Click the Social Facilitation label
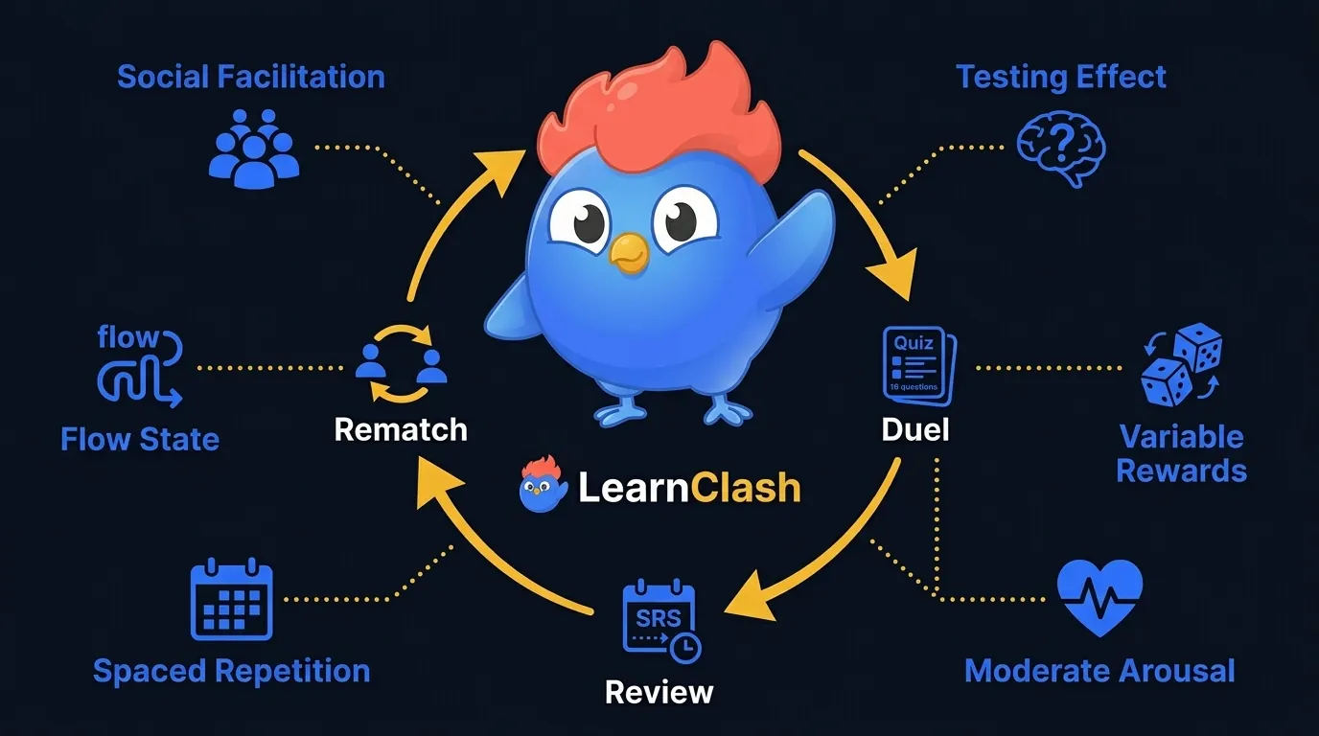coord(250,77)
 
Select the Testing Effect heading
coord(1061,77)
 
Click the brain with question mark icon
coord(1061,149)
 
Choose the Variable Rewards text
coord(1181,453)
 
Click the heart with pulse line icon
coord(1099,598)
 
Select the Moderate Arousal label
coord(1099,671)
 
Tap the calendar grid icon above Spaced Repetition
coord(232,600)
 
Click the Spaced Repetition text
coord(231,671)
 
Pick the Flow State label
coord(140,440)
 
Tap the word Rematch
coord(401,428)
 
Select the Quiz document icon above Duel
coord(914,364)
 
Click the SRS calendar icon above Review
coord(660,621)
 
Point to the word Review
coord(659,691)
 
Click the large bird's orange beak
coord(630,251)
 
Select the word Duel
coord(914,428)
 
